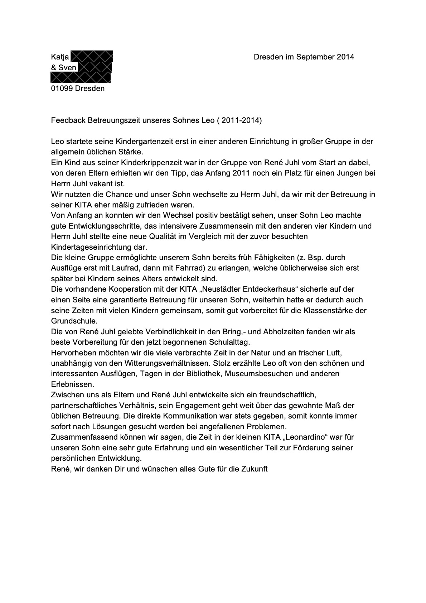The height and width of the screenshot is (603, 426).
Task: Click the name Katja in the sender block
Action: coord(60,57)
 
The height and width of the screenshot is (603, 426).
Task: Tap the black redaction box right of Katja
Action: coord(92,56)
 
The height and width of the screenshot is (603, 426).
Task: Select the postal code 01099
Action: coord(62,88)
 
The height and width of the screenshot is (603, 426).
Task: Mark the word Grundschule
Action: coord(74,321)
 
